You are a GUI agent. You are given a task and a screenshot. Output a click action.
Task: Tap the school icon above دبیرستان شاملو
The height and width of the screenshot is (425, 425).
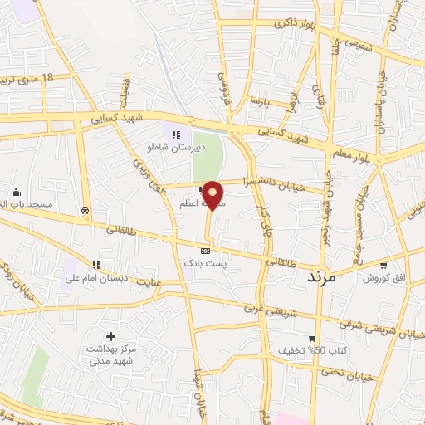(175, 135)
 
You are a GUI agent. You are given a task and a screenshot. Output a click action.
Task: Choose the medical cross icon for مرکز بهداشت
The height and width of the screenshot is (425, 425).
(110, 335)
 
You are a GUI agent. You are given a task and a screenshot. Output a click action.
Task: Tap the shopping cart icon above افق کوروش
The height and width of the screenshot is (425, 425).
(383, 266)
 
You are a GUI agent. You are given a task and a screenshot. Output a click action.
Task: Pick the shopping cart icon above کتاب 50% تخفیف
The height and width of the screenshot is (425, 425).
(311, 338)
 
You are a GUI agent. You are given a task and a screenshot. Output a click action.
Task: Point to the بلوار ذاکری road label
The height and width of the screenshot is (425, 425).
(294, 25)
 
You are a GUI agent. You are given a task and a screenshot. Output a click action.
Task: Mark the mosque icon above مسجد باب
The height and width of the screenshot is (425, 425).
(15, 191)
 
